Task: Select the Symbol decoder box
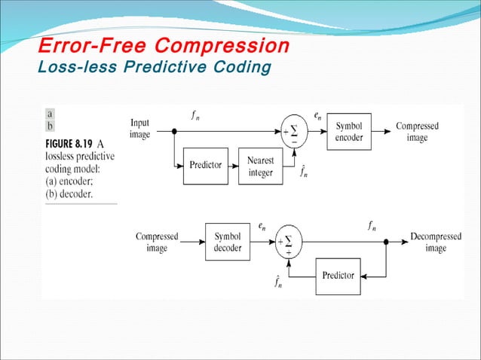tap(228, 242)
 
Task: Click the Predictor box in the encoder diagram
tap(206, 166)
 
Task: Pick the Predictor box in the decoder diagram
tap(338, 276)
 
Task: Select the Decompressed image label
tap(435, 242)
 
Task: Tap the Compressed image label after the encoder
tap(417, 132)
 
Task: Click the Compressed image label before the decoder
tap(157, 242)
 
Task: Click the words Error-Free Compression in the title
tap(164, 47)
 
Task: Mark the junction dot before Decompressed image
tap(387, 242)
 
